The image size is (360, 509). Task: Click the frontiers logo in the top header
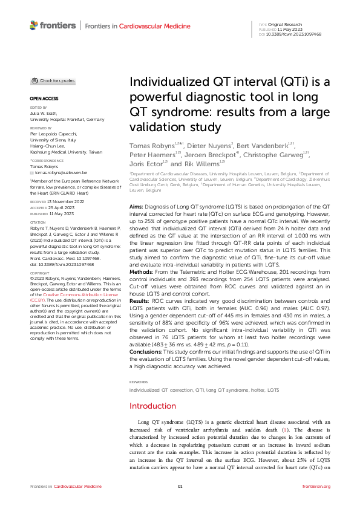tap(53, 25)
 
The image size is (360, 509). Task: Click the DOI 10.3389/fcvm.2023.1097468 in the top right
tap(299, 34)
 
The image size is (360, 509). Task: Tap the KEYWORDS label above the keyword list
tap(139, 331)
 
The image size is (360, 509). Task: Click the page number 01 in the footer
tap(180, 487)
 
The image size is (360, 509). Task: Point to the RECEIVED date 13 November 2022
tap(59, 200)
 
